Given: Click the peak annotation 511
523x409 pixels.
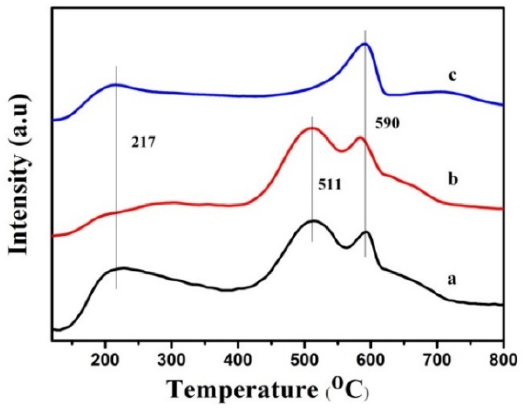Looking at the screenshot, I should pos(330,186).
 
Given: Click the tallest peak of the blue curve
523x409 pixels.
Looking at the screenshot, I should pos(365,44).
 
